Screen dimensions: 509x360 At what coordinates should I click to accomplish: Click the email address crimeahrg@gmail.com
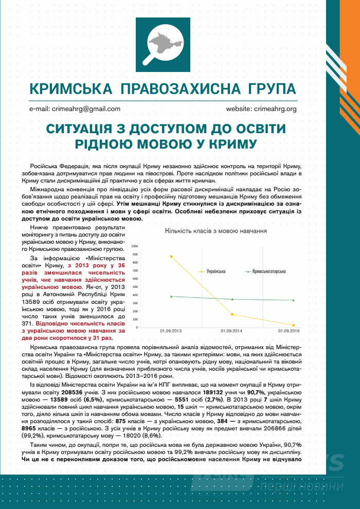tap(75, 109)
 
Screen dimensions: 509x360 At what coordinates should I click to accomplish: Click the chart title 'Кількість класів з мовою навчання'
tap(215, 231)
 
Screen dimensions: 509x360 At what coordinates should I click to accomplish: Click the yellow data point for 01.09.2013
tap(171, 256)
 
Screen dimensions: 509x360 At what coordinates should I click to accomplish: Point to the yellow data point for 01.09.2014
tap(232, 314)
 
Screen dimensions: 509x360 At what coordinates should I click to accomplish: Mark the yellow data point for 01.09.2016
tap(293, 325)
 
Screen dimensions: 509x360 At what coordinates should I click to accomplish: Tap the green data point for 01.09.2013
tap(171, 296)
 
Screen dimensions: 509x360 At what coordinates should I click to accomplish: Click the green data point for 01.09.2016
tap(293, 300)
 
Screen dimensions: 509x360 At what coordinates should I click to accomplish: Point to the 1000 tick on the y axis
tap(135, 246)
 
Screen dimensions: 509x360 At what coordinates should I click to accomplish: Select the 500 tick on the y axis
tap(136, 287)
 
